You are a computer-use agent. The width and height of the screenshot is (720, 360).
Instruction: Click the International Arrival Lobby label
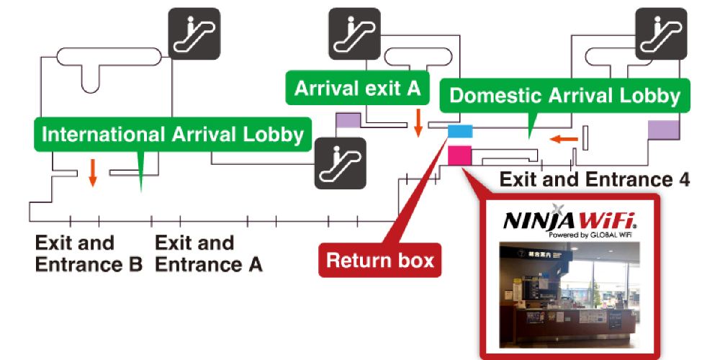(173, 135)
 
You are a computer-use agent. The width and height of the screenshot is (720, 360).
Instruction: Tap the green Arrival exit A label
(357, 89)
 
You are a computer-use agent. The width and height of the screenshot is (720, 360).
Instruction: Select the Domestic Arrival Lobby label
(564, 96)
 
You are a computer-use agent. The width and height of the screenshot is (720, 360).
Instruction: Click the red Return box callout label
(380, 260)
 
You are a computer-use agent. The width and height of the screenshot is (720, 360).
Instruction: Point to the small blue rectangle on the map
(460, 131)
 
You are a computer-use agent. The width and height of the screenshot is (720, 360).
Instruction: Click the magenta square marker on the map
(459, 155)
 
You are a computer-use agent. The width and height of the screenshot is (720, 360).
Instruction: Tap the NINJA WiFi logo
(569, 219)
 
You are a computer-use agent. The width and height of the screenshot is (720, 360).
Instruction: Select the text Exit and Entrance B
(88, 253)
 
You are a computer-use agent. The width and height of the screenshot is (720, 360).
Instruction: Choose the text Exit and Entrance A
(208, 253)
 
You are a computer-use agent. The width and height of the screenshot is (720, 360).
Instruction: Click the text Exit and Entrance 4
(595, 179)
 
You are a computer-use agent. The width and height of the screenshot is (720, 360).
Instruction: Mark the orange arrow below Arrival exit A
(418, 122)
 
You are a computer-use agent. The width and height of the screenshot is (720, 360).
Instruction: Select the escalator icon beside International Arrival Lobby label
(340, 163)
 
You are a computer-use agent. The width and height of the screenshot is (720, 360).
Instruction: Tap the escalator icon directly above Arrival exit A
(354, 34)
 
